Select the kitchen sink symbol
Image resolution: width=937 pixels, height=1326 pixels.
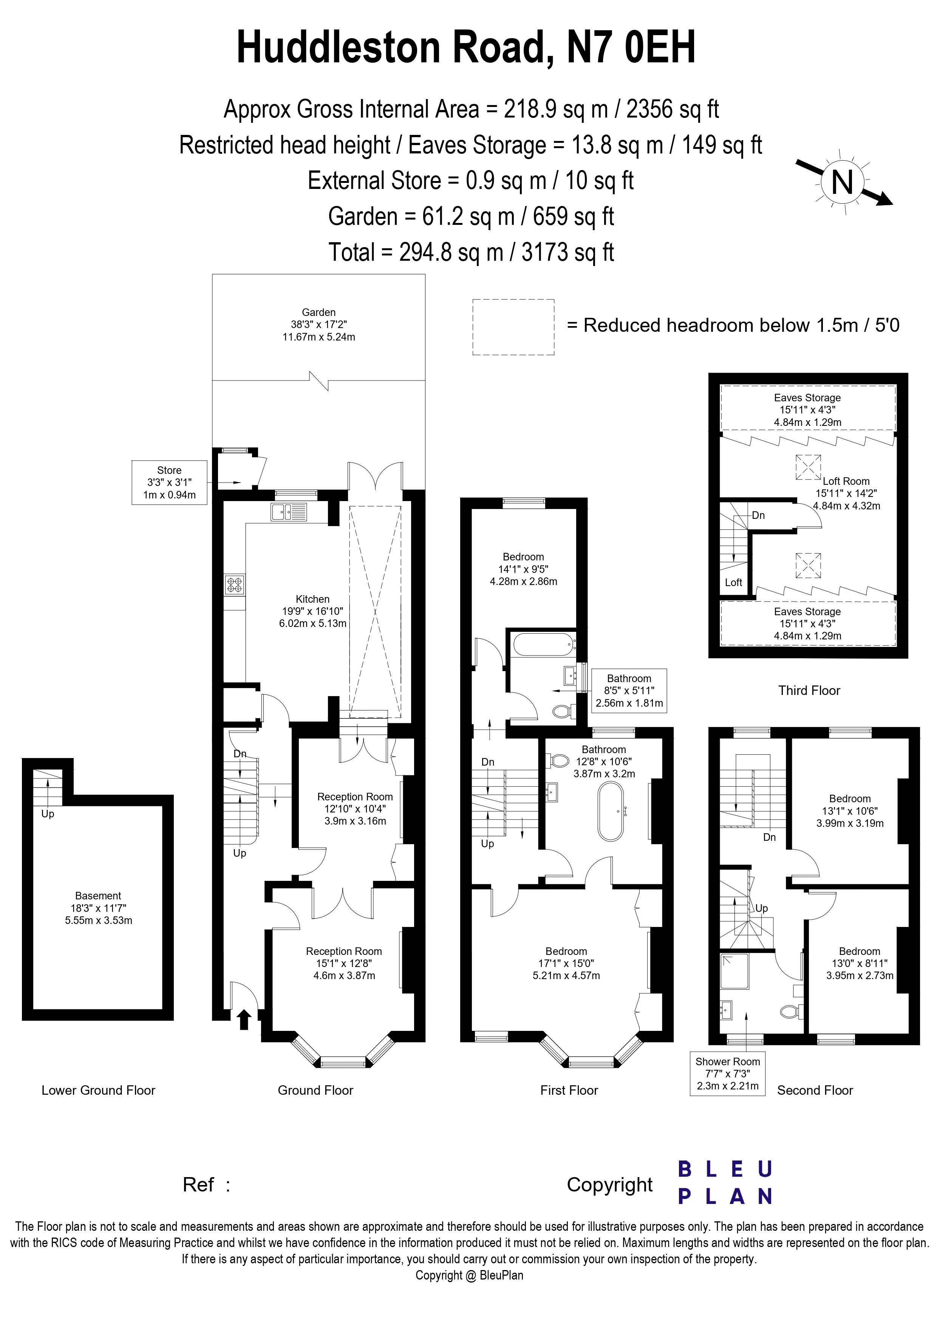point(289,511)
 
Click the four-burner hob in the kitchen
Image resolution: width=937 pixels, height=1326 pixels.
point(234,585)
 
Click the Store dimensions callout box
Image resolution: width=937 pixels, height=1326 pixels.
point(169,482)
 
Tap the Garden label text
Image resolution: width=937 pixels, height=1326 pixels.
point(319,313)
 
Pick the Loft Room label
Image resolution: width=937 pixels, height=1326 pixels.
point(846,481)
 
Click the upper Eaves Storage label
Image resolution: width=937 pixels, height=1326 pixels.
point(807,398)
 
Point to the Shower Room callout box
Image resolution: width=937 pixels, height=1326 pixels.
point(727,1073)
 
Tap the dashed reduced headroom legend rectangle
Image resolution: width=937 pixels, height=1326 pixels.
point(513,327)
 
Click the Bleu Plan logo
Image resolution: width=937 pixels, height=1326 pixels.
point(725,1182)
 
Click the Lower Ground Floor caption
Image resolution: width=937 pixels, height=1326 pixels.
point(98,1090)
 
